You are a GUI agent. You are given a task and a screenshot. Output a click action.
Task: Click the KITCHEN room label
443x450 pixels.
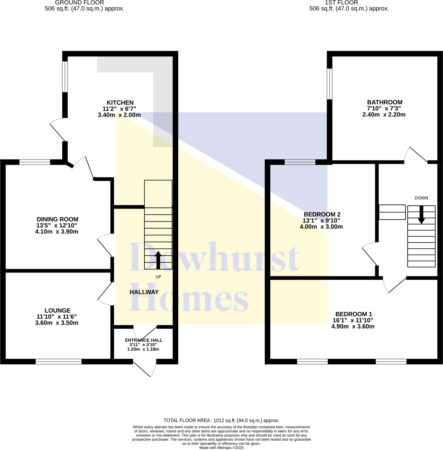120,103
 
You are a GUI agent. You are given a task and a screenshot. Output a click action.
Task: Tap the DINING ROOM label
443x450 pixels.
57,219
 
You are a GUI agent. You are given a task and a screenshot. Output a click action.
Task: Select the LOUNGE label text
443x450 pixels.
57,310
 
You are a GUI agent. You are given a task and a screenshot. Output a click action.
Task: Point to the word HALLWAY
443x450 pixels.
144,292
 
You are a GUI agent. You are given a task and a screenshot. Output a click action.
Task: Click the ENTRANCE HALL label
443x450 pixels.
144,340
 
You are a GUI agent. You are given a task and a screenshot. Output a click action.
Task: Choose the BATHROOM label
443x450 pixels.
385,102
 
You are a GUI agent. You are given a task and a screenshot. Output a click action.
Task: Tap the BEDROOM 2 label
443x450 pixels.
322,214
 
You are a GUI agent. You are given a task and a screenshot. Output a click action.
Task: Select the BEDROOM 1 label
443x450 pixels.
354,314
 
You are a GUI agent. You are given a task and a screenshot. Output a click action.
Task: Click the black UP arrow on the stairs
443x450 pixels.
158,260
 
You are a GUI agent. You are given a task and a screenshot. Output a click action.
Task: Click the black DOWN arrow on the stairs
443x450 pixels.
421,215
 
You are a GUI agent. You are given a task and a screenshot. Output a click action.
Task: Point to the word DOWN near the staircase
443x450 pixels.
421,198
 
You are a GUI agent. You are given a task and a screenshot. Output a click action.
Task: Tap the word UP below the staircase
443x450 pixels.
158,277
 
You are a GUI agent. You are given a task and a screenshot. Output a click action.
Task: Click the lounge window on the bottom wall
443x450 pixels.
58,362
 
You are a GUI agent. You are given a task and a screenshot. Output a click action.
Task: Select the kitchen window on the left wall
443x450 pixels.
65,77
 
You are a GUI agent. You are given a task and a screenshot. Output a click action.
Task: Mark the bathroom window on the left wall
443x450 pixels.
329,84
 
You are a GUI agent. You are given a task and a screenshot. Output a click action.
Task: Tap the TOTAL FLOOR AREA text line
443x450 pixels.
221,420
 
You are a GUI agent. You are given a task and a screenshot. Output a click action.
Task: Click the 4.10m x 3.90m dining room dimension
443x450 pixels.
57,231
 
